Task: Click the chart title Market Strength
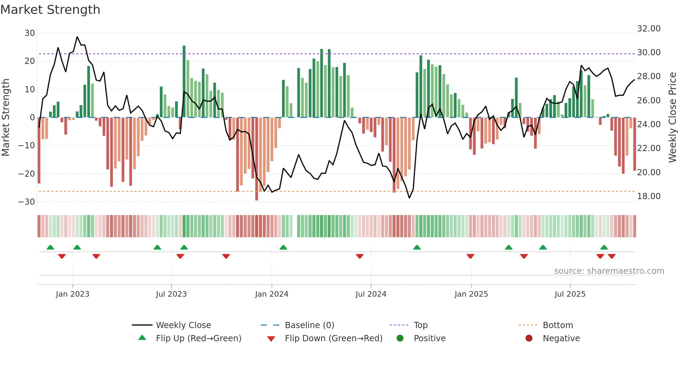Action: click(50, 10)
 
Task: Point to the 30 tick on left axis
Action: click(30, 33)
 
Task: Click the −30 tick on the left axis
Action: click(27, 202)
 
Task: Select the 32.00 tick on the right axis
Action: click(649, 29)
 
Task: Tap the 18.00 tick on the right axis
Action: click(649, 196)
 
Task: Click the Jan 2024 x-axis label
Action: click(272, 294)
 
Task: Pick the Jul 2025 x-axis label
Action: click(570, 294)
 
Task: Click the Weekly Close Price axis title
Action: click(672, 118)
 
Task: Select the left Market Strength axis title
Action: click(6, 118)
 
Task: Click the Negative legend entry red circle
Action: click(529, 338)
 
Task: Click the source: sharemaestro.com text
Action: click(609, 271)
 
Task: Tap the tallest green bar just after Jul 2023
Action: click(184, 81)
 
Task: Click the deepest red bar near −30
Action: click(257, 159)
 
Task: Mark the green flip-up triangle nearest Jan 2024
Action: click(283, 247)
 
